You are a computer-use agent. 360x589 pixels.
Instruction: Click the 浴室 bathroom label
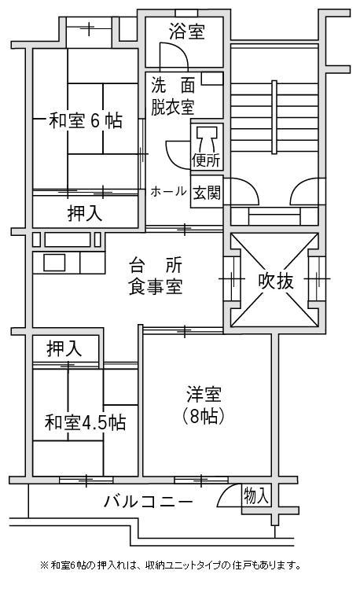click(186, 31)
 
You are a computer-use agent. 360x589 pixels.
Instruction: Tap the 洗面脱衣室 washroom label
click(173, 97)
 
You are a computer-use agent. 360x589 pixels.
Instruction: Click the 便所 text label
click(206, 160)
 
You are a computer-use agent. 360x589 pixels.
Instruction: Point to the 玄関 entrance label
click(207, 193)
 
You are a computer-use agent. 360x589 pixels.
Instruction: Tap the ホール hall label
click(168, 192)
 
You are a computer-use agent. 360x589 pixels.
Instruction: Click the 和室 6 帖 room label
click(86, 120)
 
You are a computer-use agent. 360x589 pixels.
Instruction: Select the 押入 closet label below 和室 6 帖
click(85, 214)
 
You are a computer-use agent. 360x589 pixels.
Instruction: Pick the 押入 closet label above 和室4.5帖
click(64, 348)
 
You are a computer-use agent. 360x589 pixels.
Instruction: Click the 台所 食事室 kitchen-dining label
click(156, 276)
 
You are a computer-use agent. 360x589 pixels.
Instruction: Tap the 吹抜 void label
click(276, 281)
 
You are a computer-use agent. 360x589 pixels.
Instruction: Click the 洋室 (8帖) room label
click(204, 405)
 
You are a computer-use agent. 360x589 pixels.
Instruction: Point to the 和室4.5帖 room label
click(85, 422)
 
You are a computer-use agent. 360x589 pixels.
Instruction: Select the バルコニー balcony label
click(149, 502)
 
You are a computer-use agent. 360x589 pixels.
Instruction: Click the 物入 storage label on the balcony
click(256, 495)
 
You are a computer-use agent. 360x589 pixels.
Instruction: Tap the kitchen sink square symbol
click(54, 263)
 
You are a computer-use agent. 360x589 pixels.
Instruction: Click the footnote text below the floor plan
click(171, 565)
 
